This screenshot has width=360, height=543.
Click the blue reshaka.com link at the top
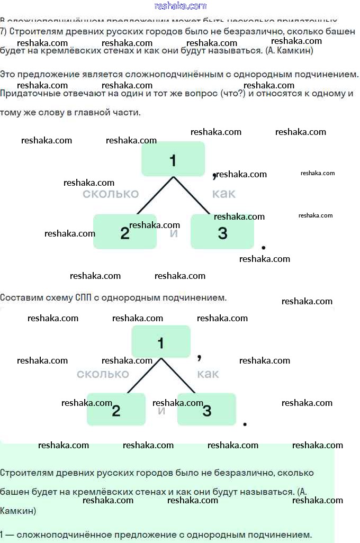(x=181, y=6)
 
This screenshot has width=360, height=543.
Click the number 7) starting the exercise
(x=3, y=32)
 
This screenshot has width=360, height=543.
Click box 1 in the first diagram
(x=173, y=159)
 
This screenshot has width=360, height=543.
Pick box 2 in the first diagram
(x=125, y=232)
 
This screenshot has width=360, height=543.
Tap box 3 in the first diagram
(x=222, y=232)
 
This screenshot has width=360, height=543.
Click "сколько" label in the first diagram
(x=110, y=194)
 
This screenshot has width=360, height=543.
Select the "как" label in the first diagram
(x=223, y=194)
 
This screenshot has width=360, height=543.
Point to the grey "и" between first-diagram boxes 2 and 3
(x=174, y=233)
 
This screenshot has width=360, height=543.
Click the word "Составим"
(x=22, y=297)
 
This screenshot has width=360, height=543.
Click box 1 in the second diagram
(x=160, y=342)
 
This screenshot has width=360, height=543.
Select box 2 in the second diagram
(x=116, y=410)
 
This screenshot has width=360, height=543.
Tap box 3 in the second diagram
(x=206, y=410)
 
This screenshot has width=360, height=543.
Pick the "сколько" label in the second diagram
(x=103, y=374)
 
